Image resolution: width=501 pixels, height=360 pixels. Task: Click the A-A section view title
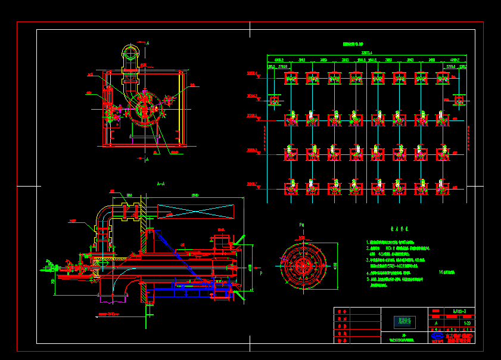pyautogui.click(x=160, y=184)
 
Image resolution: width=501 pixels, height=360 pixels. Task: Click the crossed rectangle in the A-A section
pyautogui.click(x=196, y=211)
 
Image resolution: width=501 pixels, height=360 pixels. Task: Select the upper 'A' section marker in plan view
pyautogui.click(x=147, y=44)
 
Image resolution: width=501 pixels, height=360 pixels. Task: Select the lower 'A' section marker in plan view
pyautogui.click(x=147, y=159)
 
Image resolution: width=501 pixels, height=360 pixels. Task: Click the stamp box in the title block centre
pyautogui.click(x=404, y=322)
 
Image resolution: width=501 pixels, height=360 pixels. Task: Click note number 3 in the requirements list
pyautogui.click(x=368, y=260)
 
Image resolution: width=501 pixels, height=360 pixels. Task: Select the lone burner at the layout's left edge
pyautogui.click(x=275, y=101)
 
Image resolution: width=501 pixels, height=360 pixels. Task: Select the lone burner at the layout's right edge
pyautogui.click(x=459, y=101)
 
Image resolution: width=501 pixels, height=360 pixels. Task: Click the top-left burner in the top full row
pyautogui.click(x=291, y=78)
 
